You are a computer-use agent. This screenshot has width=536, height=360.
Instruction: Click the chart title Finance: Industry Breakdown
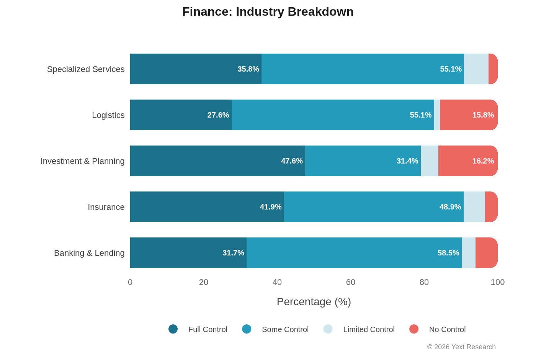268,12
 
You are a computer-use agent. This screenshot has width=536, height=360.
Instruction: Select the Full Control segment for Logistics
181,115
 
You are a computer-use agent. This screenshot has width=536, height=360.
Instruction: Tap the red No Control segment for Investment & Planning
468,161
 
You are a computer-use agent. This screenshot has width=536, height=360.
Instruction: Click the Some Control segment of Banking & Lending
354,253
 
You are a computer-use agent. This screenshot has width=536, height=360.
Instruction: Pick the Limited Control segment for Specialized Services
476,69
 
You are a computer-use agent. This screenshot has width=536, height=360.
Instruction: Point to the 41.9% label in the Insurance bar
271,207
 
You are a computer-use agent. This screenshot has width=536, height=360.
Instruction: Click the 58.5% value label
448,253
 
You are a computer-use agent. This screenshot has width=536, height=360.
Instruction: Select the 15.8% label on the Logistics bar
483,115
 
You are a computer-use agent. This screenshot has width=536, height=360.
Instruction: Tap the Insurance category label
106,207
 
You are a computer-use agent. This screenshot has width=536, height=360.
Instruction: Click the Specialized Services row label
86,69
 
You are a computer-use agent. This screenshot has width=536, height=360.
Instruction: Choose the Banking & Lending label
89,253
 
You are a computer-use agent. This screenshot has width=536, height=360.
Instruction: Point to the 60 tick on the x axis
351,282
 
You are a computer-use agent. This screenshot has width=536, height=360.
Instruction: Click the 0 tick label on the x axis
130,282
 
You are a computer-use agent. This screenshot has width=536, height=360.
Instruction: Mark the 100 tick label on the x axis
497,282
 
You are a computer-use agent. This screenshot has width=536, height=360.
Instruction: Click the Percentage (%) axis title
314,302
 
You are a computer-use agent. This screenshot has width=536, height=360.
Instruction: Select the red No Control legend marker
414,329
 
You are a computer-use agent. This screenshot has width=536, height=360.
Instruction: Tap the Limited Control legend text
369,329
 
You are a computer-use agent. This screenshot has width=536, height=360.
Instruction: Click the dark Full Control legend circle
173,329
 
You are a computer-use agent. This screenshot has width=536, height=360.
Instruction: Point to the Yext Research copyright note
461,347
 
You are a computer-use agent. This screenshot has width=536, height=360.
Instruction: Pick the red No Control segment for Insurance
491,207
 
